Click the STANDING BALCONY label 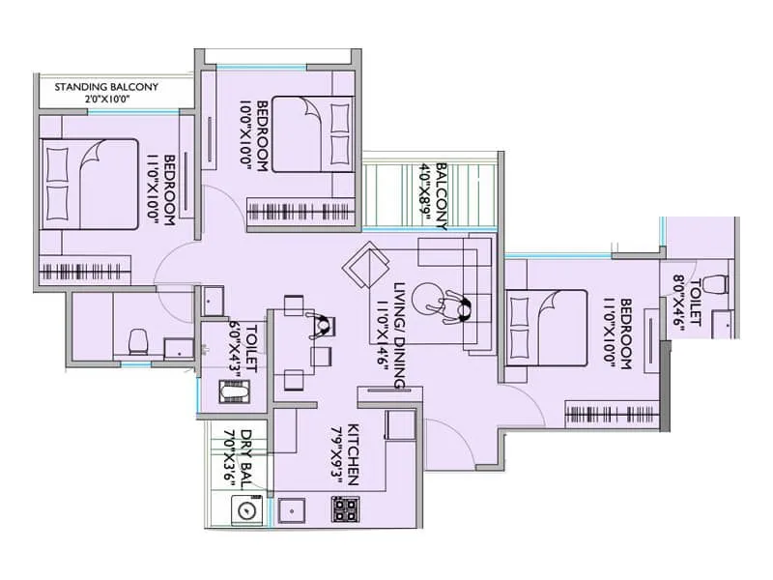pos(106,87)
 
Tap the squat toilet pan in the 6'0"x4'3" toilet pos(232,391)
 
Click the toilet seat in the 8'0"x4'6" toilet pos(715,285)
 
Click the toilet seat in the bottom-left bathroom pos(137,340)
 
